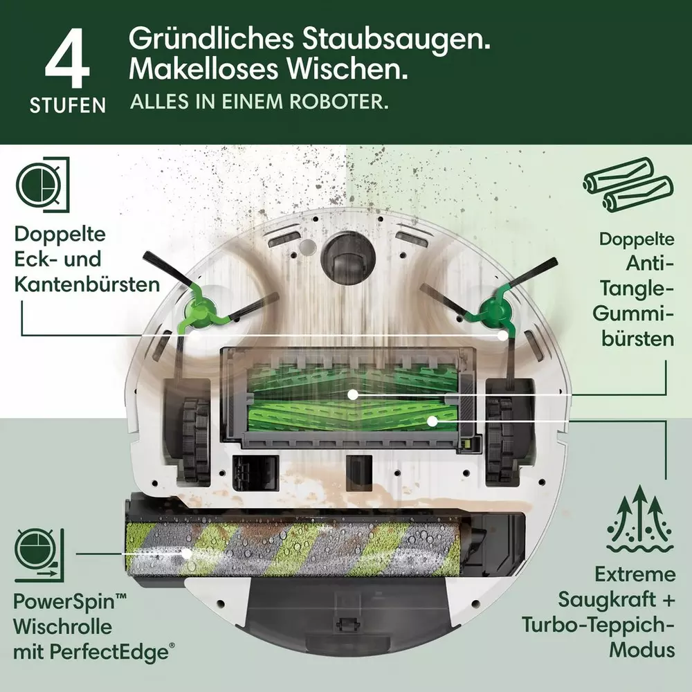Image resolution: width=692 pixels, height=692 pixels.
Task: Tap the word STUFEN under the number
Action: pos(68,105)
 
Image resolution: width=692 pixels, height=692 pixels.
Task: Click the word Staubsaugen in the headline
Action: pos(396,39)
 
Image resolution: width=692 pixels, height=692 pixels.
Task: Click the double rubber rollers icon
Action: pos(628,185)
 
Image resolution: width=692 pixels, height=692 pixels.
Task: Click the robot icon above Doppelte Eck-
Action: pos(43,185)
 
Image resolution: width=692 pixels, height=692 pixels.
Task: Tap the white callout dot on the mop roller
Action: pos(187,554)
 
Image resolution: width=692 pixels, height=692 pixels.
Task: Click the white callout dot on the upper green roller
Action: pos(352,394)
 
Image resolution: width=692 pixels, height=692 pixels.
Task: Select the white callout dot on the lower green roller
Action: pos(432,421)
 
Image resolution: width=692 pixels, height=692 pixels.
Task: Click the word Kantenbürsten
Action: pos(87,284)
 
